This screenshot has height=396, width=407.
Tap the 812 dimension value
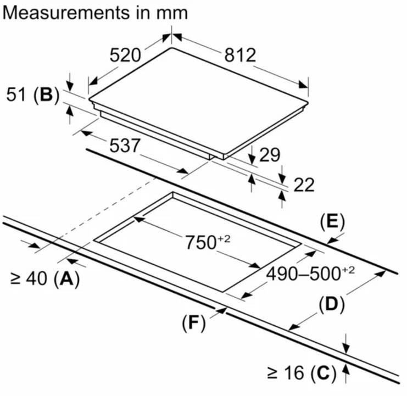(x=240, y=55)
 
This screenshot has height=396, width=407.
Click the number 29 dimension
(x=270, y=155)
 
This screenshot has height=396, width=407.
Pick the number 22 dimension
(x=303, y=185)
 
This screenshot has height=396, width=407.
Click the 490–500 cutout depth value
(x=308, y=273)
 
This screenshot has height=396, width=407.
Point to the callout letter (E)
(x=332, y=222)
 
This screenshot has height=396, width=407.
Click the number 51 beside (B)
(x=16, y=96)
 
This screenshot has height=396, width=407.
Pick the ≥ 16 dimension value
(x=285, y=375)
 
